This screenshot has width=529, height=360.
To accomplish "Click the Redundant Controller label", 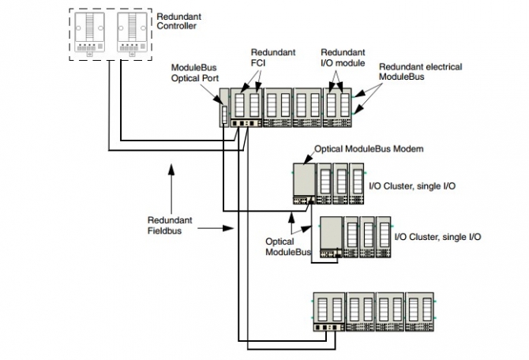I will pyautogui.click(x=179, y=20).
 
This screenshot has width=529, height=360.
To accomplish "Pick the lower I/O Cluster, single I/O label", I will pyautogui.click(x=437, y=236).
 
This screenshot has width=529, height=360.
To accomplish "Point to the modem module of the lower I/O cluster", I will pyautogui.click(x=330, y=234).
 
